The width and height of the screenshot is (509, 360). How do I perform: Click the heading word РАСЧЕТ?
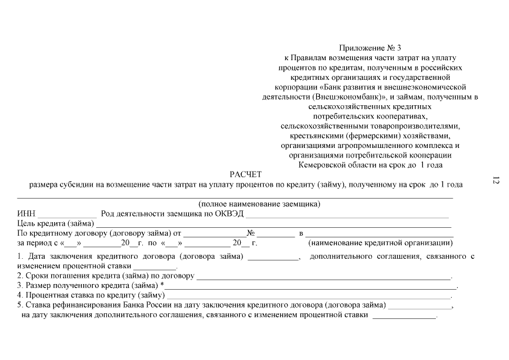(246, 174)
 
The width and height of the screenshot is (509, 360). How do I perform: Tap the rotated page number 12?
(496, 181)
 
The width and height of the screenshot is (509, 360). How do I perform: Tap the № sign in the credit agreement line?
(251, 233)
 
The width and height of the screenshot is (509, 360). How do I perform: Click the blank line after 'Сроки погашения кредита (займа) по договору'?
(323, 277)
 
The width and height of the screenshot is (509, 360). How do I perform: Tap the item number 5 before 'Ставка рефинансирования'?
(19, 305)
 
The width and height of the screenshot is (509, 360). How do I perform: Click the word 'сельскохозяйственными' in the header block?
(319, 126)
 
